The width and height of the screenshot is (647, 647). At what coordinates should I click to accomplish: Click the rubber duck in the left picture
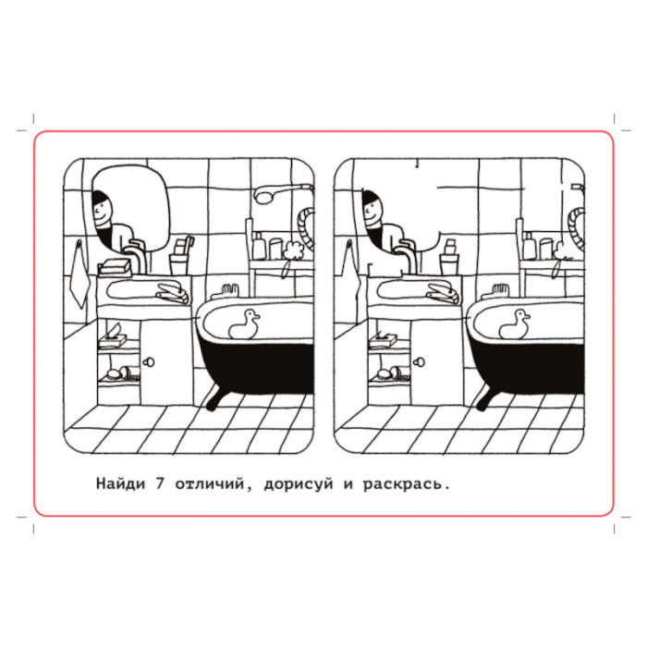244,324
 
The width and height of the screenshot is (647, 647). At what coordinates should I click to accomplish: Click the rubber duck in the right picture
514,324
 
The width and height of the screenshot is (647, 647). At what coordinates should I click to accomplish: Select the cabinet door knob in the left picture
149,362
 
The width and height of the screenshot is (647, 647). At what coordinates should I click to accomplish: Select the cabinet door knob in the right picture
419,362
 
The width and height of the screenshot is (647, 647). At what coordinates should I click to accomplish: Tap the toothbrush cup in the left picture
179,264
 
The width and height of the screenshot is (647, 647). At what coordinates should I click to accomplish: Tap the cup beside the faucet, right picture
449,264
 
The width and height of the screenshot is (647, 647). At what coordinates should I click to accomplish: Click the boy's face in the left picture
101,213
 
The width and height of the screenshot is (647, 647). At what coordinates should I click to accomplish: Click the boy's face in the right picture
372,213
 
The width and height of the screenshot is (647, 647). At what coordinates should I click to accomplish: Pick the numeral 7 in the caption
160,483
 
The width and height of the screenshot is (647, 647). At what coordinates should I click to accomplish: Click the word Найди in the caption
120,483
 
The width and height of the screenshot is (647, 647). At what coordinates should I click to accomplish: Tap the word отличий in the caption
210,483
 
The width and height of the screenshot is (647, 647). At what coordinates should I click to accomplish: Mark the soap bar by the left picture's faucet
116,268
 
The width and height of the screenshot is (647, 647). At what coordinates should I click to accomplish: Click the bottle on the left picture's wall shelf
259,246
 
